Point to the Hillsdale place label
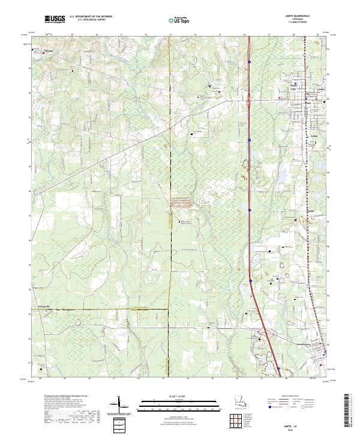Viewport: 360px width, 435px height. pos(50,50)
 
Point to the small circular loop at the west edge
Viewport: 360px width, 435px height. pos(38,193)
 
